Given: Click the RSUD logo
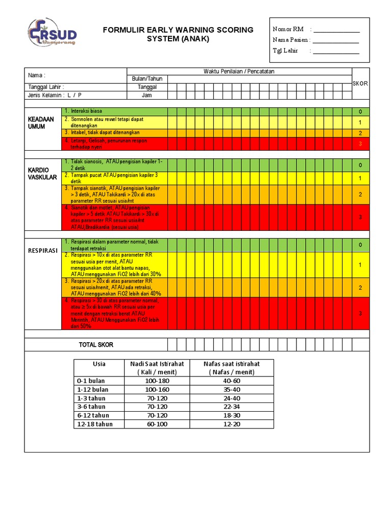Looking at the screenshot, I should pyautogui.click(x=53, y=34).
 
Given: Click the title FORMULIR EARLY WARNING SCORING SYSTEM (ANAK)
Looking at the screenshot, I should pyautogui.click(x=178, y=34).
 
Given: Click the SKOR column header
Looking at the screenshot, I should pyautogui.click(x=360, y=83).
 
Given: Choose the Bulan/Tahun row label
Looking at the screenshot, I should pyautogui.click(x=146, y=79).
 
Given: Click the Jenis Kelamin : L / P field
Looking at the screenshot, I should pyautogui.click(x=55, y=95).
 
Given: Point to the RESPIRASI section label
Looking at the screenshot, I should pyautogui.click(x=43, y=251).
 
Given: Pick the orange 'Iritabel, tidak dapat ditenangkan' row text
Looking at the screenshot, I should pyautogui.click(x=102, y=133).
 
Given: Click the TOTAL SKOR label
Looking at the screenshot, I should pyautogui.click(x=96, y=345).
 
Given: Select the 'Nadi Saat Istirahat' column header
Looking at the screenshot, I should pyautogui.click(x=157, y=368).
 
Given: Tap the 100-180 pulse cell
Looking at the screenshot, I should pyautogui.click(x=157, y=381).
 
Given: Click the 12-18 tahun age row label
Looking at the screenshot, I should pyautogui.click(x=95, y=424).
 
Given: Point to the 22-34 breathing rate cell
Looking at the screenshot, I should pyautogui.click(x=231, y=407).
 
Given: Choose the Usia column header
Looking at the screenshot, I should pyautogui.click(x=99, y=364).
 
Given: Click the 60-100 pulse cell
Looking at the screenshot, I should pyautogui.click(x=157, y=424).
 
